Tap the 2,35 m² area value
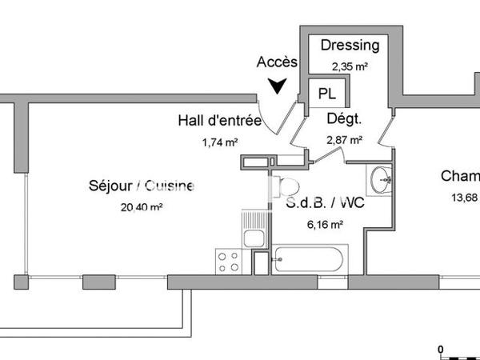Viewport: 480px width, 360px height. coord(344,67)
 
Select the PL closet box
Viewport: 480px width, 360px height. coord(326,93)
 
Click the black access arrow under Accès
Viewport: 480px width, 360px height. coord(278,85)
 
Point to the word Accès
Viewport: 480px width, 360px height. coord(277,62)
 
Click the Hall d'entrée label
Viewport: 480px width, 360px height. coord(219,122)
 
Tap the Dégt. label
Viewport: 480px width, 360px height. coord(344,118)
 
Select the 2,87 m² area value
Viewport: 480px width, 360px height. coord(344,139)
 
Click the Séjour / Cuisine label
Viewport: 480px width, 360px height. coord(141,186)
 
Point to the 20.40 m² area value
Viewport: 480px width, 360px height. coord(141,206)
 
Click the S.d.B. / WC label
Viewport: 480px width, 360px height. coord(325,203)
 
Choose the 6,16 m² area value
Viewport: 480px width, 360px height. coord(325,225)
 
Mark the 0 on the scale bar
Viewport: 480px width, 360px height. coord(440,349)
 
